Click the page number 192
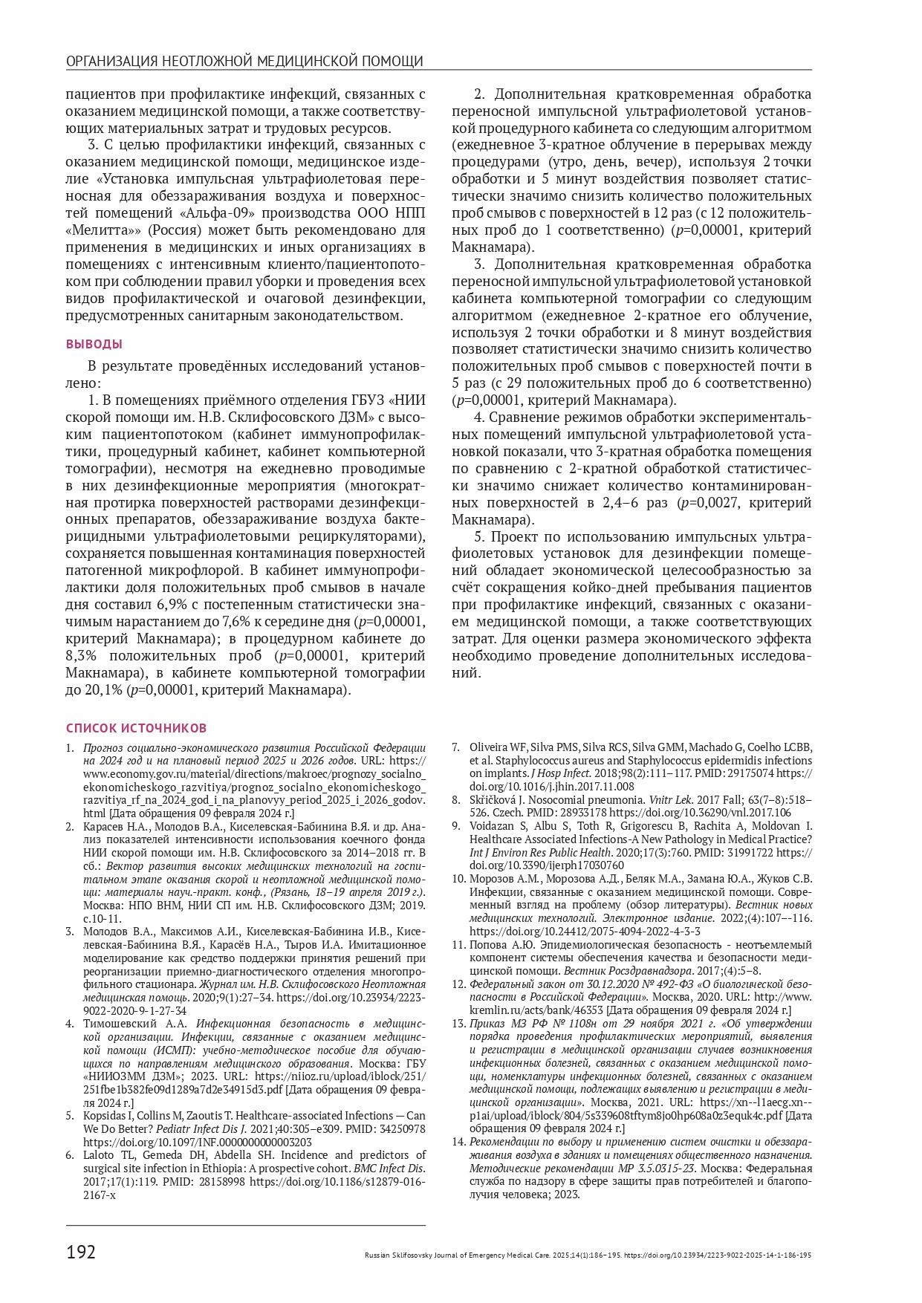[81, 1252]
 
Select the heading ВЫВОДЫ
[94, 344]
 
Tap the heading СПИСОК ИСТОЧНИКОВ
[136, 728]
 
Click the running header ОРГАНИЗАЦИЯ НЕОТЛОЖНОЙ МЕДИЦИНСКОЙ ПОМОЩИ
[244, 61]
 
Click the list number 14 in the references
[458, 1141]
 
